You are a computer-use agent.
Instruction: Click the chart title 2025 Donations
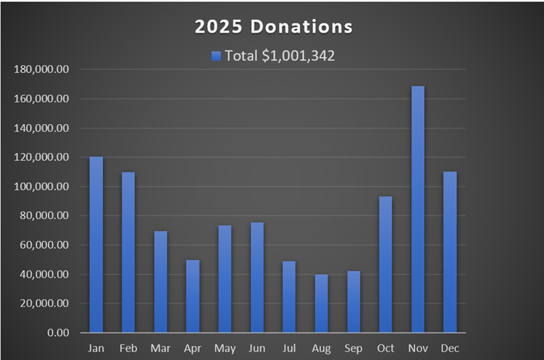pyautogui.click(x=273, y=27)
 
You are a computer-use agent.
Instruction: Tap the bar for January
pyautogui.click(x=96, y=244)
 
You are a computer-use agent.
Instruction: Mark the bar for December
pyautogui.click(x=450, y=252)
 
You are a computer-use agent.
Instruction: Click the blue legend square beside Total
pyautogui.click(x=216, y=56)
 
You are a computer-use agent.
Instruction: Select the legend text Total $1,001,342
pyautogui.click(x=279, y=56)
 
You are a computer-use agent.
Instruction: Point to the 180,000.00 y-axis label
pyautogui.click(x=42, y=69)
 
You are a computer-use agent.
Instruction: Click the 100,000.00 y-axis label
pyautogui.click(x=42, y=186)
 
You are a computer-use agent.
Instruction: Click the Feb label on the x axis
pyautogui.click(x=128, y=348)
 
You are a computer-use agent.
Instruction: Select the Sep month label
pyautogui.click(x=353, y=348)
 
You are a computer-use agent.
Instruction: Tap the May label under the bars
pyautogui.click(x=225, y=348)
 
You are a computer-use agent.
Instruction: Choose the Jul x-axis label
pyautogui.click(x=289, y=348)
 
